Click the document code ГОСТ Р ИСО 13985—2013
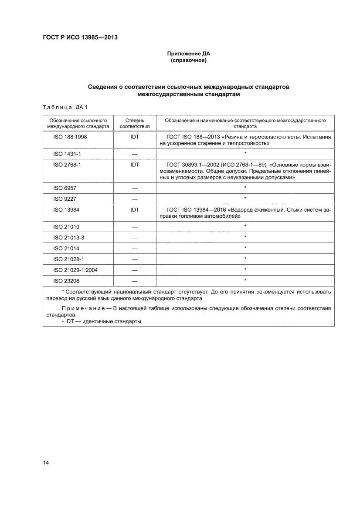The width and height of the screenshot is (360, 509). [81, 37]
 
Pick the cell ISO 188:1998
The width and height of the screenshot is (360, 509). [70, 136]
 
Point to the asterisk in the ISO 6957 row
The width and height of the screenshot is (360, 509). [245, 188]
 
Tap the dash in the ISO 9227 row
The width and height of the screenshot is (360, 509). [134, 199]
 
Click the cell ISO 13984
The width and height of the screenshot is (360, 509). [66, 209]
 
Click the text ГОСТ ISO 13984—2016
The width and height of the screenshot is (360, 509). [194, 210]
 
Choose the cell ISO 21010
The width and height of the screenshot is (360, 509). [66, 227]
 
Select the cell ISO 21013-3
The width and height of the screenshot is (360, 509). [68, 237]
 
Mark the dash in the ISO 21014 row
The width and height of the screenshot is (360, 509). [134, 248]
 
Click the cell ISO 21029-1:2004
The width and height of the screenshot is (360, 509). [75, 270]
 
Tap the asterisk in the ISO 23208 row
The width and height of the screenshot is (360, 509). [245, 280]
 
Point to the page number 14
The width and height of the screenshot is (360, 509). [46, 462]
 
